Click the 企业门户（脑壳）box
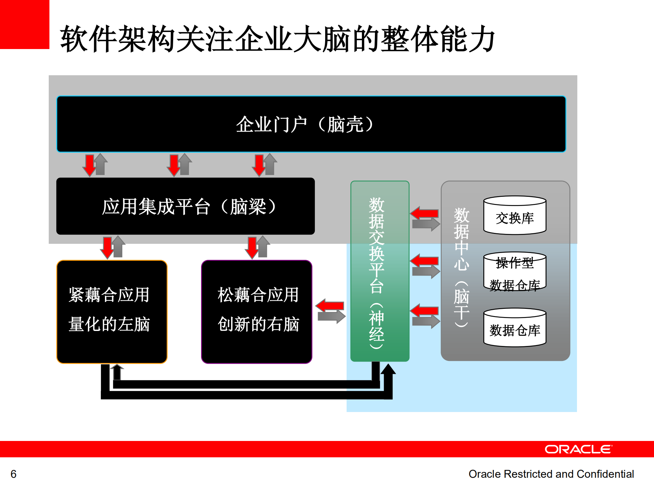pyautogui.click(x=311, y=124)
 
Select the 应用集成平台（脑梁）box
pyautogui.click(x=185, y=206)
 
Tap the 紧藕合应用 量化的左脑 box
pyautogui.click(x=112, y=312)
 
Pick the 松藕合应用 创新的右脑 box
pyautogui.click(x=257, y=312)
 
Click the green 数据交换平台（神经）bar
pyautogui.click(x=380, y=271)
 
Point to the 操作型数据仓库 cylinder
pyautogui.click(x=515, y=272)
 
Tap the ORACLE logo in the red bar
pyautogui.click(x=578, y=449)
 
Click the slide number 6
pyautogui.click(x=14, y=474)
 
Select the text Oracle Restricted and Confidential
pyautogui.click(x=551, y=474)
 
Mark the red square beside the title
pyautogui.click(x=25, y=25)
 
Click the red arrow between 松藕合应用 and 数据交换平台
pyautogui.click(x=330, y=305)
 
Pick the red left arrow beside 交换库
pyautogui.click(x=424, y=214)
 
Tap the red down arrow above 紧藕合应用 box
pyautogui.click(x=108, y=247)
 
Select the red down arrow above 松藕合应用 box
pyautogui.click(x=253, y=247)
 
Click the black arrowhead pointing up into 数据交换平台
pyautogui.click(x=388, y=370)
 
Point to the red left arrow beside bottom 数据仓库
pyautogui.click(x=424, y=310)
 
